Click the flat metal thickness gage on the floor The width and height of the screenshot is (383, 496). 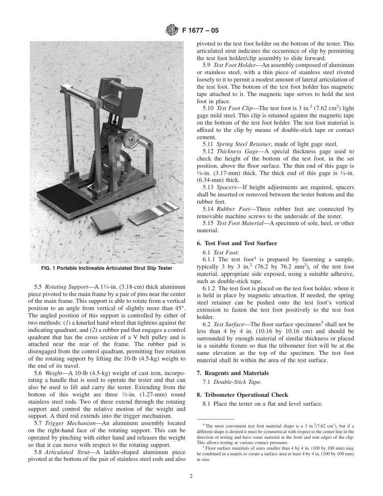(154, 213)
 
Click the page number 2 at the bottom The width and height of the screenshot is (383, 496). (191, 476)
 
